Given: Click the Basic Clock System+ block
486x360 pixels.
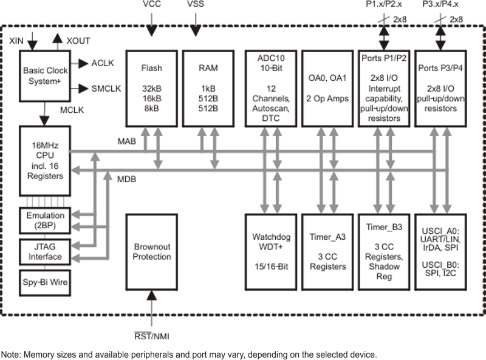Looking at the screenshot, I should (x=45, y=75).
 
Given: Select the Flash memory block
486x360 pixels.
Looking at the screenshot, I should (x=151, y=85).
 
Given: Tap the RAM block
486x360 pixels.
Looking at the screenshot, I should (x=208, y=85).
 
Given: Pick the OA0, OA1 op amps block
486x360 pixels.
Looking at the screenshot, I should (x=327, y=85).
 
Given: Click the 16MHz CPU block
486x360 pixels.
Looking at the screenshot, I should (x=45, y=160).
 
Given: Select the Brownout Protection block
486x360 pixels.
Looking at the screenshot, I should (x=151, y=251).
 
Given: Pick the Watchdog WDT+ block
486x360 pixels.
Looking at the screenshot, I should (x=270, y=251).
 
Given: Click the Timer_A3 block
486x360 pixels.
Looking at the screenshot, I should (x=327, y=251).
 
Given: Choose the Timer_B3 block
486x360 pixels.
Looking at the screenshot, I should (x=385, y=251).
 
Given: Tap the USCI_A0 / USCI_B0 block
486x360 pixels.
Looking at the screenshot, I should (x=441, y=251).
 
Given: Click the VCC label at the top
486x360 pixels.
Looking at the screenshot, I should (x=152, y=5).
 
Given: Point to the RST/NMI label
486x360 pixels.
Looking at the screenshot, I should (x=151, y=335).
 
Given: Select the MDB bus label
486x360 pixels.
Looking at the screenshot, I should (x=127, y=180).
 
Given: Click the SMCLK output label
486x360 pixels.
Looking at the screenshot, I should (x=106, y=89).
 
